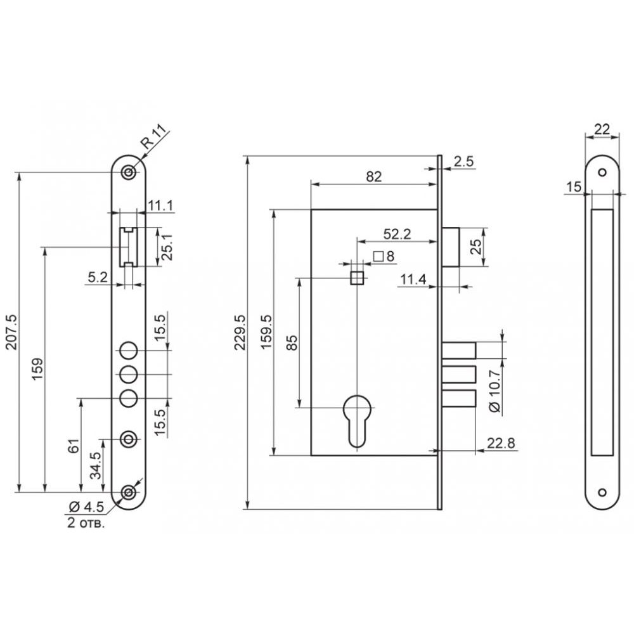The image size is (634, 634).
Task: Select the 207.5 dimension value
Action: tap(11, 332)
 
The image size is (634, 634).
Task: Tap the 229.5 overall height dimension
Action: tap(240, 332)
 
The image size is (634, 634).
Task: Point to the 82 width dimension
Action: tap(373, 177)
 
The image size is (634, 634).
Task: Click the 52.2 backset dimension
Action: tap(397, 234)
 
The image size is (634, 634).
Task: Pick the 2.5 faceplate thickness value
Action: tap(463, 161)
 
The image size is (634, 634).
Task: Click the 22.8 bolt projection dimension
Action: tap(501, 443)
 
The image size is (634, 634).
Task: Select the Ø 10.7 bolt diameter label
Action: tap(495, 391)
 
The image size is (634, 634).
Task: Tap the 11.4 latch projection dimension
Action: tap(413, 279)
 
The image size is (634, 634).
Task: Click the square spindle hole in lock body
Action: tap(357, 278)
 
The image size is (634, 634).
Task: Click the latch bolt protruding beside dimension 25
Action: tap(450, 247)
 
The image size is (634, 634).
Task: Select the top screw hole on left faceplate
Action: tap(129, 172)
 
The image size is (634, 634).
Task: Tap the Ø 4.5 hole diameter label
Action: tap(86, 506)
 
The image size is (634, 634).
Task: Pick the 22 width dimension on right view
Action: tap(602, 129)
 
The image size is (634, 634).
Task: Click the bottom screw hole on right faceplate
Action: tap(602, 492)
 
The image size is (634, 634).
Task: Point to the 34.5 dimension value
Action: tap(96, 465)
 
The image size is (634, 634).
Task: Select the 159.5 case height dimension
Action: tap(267, 332)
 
